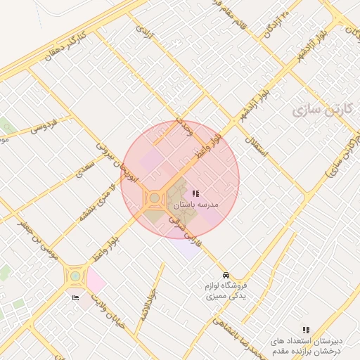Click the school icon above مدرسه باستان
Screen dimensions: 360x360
pyautogui.click(x=195, y=193)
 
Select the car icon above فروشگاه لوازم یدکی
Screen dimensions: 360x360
pyautogui.click(x=225, y=274)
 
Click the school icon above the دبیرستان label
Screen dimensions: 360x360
pyautogui.click(x=305, y=329)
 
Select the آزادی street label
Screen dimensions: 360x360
pyautogui.click(x=143, y=32)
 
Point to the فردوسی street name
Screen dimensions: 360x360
pyautogui.click(x=43, y=126)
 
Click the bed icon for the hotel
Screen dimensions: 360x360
pyautogui.click(x=76, y=298)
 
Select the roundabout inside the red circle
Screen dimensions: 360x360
pyautogui.click(x=154, y=198)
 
